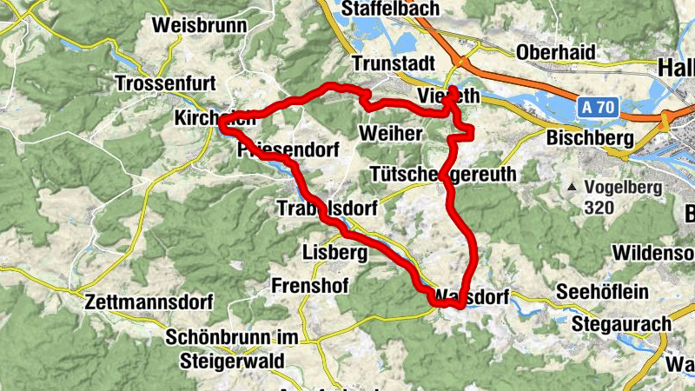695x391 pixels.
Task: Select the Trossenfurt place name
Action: coord(166,83)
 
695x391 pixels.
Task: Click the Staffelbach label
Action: coord(391,8)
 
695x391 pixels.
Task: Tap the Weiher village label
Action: coord(390,133)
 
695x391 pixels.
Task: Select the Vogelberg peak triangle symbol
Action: coord(573,188)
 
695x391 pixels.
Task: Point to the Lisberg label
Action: coord(336,253)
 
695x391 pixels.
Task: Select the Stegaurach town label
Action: coord(623,324)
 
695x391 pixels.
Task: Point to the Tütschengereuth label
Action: coord(442,175)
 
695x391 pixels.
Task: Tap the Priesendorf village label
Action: coord(287,151)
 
